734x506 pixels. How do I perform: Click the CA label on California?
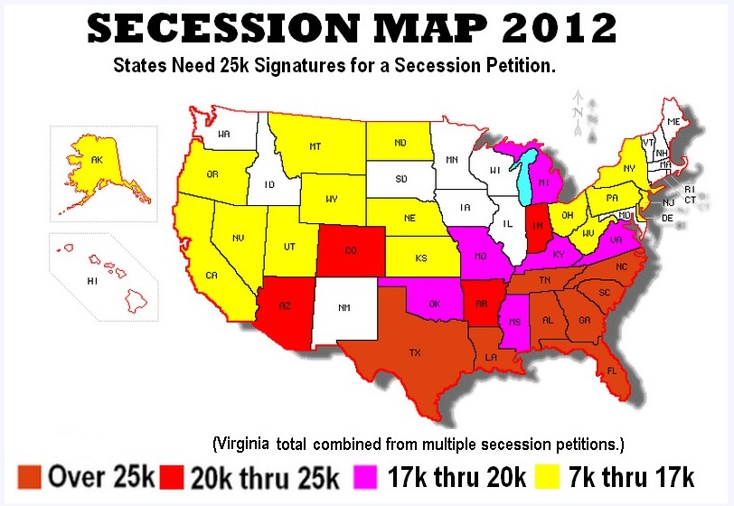coord(212,275)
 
